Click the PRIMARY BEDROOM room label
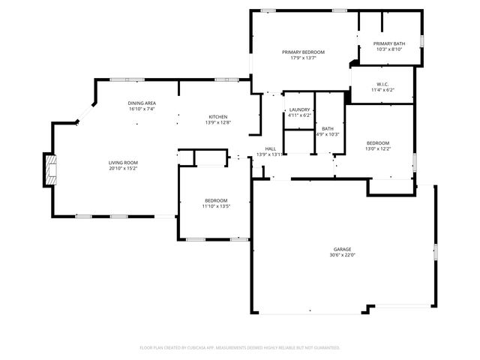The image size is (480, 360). click(304, 52)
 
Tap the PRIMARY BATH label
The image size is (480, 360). click(389, 43)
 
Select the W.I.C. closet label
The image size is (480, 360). click(382, 84)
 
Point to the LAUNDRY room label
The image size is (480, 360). click(299, 110)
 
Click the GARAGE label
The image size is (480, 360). click(342, 249)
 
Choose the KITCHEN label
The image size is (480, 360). click(218, 116)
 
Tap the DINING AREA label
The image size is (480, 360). click(141, 103)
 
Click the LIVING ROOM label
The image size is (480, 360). click(123, 162)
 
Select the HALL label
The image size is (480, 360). click(270, 148)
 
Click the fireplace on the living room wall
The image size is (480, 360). click(49, 169)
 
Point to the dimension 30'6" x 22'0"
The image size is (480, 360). click(342, 255)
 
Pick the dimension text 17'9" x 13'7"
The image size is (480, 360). click(304, 58)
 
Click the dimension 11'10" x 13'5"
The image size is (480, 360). click(216, 205)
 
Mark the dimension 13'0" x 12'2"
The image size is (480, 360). click(377, 148)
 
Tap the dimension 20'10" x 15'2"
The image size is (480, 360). click(123, 168)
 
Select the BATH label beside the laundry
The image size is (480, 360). click(328, 128)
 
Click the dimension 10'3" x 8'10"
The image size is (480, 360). click(389, 49)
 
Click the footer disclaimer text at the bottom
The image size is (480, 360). click(240, 347)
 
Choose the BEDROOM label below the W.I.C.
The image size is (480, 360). click(377, 142)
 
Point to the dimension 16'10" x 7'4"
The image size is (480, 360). click(141, 109)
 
